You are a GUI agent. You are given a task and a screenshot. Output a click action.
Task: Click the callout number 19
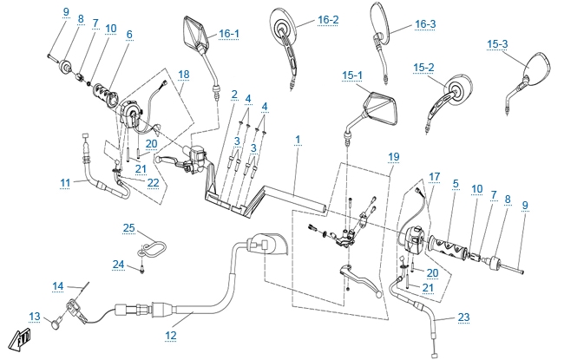coord(394,156)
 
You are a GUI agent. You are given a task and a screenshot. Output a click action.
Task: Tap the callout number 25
coord(129,227)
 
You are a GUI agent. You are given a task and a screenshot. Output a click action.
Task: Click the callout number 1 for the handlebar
coord(297,139)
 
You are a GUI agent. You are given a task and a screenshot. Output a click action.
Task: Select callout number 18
coord(183,75)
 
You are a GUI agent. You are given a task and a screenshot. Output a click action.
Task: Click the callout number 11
coord(65,182)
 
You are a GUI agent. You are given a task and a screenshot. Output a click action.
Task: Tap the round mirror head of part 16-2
coord(284,24)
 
